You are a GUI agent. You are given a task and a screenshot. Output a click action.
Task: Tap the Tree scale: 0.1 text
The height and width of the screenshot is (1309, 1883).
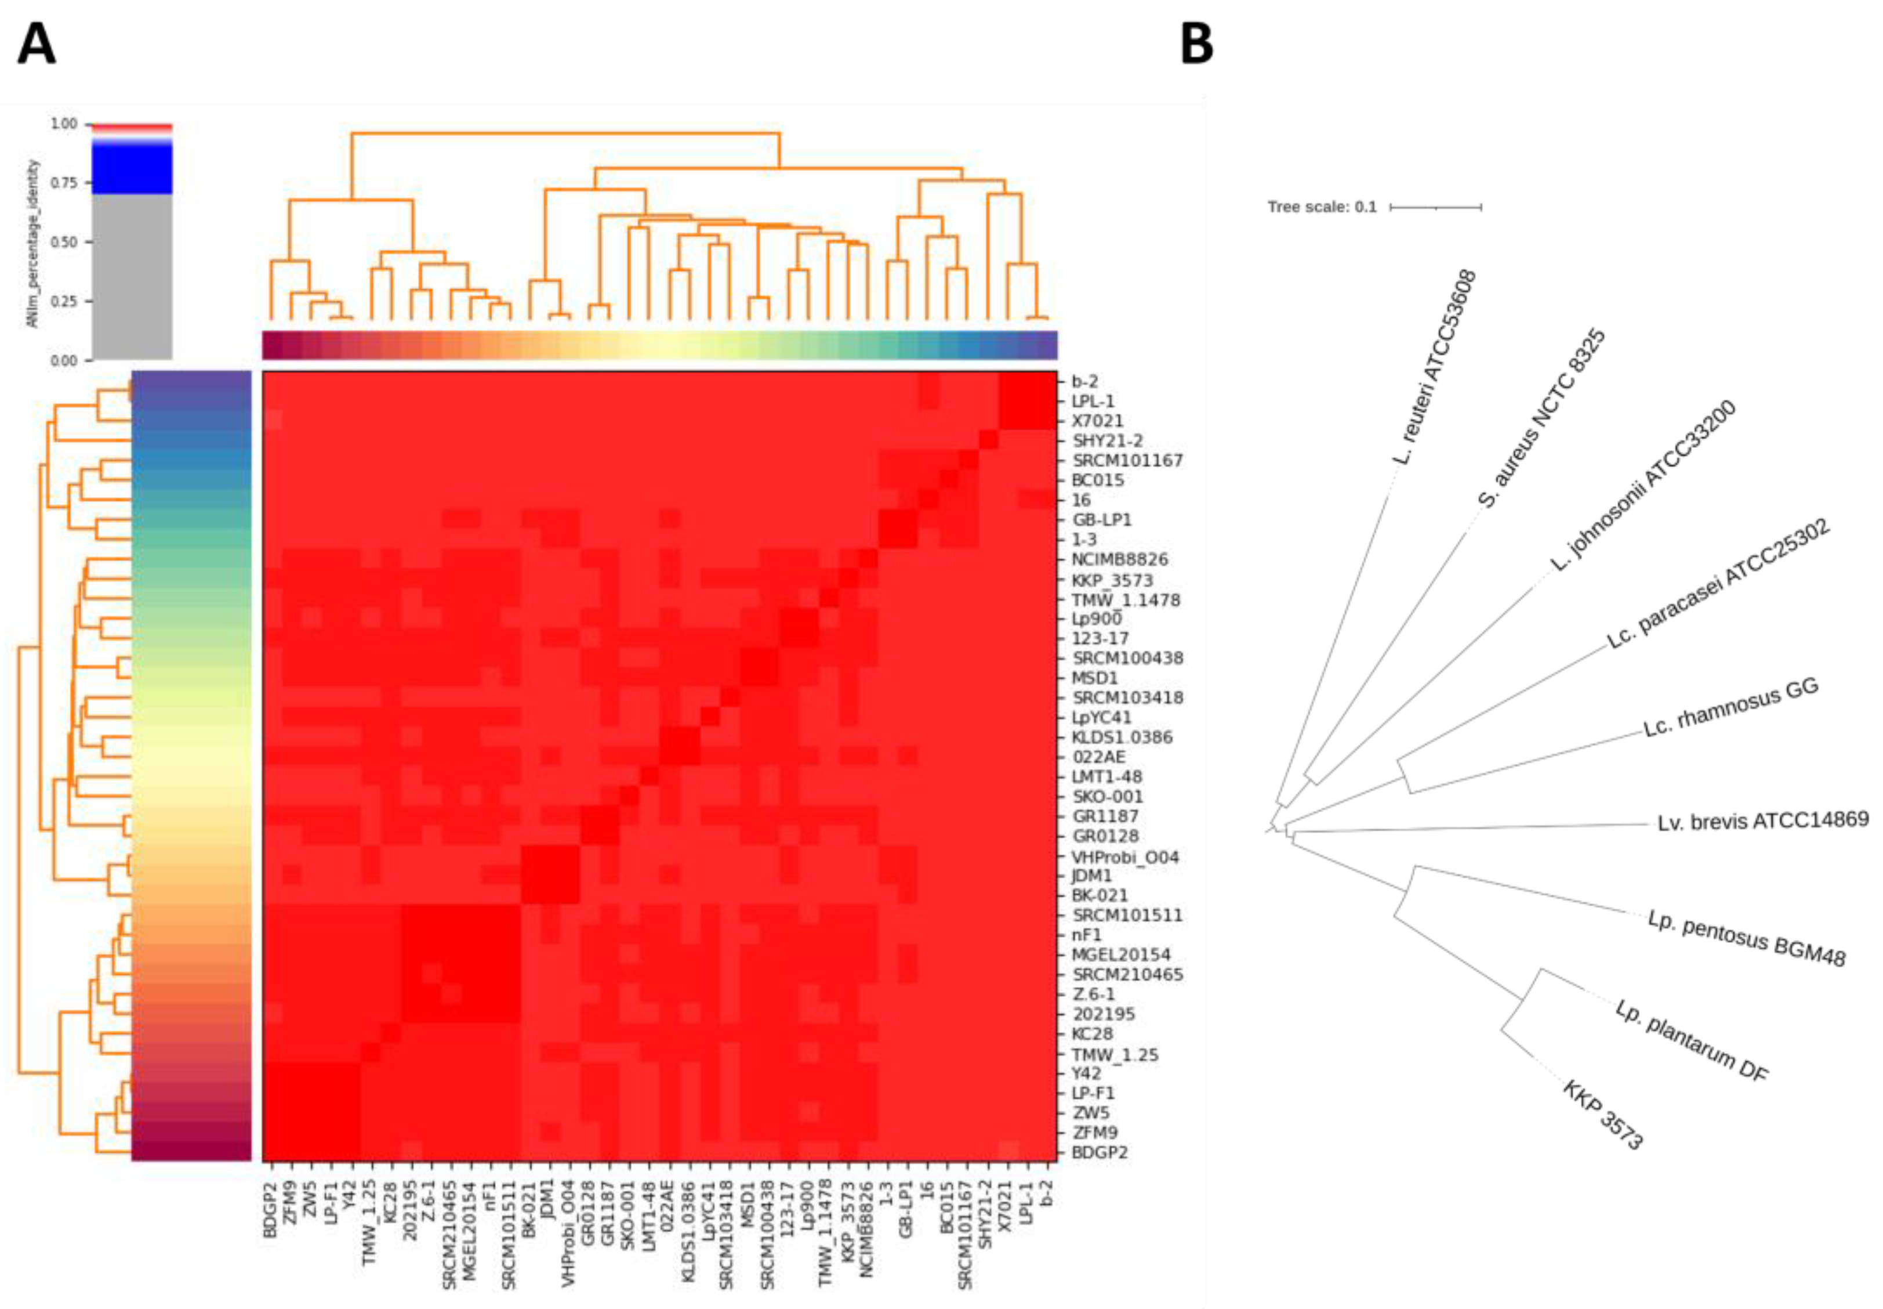point(1322,207)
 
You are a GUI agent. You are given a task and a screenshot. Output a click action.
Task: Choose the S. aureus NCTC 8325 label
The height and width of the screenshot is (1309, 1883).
point(1541,418)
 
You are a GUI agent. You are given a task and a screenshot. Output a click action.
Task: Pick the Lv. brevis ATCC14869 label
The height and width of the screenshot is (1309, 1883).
point(1762,820)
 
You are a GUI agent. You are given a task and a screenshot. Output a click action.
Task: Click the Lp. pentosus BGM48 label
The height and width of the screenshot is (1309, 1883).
point(1746,938)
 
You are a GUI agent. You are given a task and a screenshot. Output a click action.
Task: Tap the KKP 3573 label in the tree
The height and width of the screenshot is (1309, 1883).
point(1603,1115)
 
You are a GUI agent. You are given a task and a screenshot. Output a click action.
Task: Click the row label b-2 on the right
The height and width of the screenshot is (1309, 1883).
point(1084,381)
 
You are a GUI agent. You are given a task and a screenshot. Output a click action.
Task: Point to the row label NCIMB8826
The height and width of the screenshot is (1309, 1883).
point(1119,559)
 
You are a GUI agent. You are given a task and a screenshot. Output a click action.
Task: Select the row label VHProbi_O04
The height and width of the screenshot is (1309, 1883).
point(1124,857)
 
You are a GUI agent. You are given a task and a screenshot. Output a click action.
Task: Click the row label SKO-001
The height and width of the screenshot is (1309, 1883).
point(1106,797)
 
